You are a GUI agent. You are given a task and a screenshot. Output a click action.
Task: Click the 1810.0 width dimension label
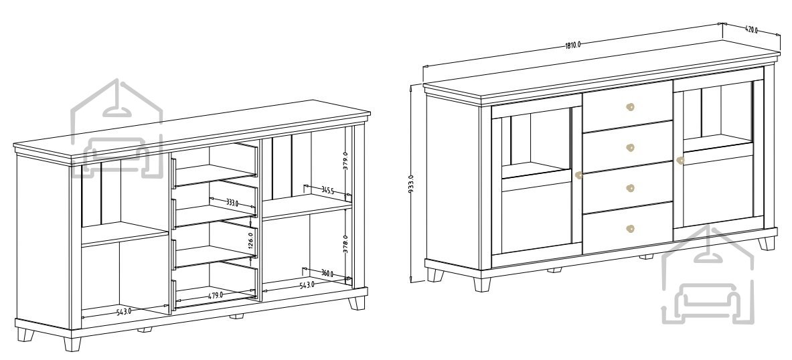(573, 44)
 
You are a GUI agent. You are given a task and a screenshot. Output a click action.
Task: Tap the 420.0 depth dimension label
(751, 30)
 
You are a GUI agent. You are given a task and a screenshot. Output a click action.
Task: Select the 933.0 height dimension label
(411, 184)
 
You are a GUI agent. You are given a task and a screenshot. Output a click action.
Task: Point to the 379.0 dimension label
(345, 161)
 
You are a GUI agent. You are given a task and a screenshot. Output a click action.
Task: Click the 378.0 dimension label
(345, 244)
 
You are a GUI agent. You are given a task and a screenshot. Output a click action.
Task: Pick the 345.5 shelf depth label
(327, 190)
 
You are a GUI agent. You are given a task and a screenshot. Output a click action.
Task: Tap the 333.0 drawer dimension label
(232, 203)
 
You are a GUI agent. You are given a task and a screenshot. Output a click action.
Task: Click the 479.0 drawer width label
(216, 295)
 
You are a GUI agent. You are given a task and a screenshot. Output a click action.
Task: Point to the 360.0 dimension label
(327, 274)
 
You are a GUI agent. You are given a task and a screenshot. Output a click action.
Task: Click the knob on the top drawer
(630, 106)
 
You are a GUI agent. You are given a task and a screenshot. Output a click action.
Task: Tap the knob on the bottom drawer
(630, 229)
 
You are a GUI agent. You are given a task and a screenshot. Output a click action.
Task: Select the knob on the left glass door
(578, 175)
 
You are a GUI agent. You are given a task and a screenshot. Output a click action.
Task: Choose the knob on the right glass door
(680, 161)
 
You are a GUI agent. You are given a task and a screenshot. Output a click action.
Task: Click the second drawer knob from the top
(630, 147)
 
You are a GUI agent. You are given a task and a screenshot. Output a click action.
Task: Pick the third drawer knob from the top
(630, 188)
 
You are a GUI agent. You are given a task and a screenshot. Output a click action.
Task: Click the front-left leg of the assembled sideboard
(482, 284)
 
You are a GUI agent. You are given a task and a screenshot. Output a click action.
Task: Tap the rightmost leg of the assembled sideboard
(767, 244)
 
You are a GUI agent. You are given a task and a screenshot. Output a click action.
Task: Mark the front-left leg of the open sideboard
(72, 344)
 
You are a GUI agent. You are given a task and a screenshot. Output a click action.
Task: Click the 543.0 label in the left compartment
(124, 312)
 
